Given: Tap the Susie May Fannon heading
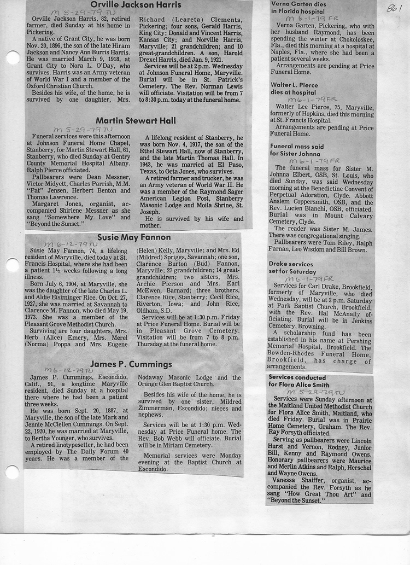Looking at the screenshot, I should tap(134, 237).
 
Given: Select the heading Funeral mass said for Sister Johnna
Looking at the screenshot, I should tap(304, 150).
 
